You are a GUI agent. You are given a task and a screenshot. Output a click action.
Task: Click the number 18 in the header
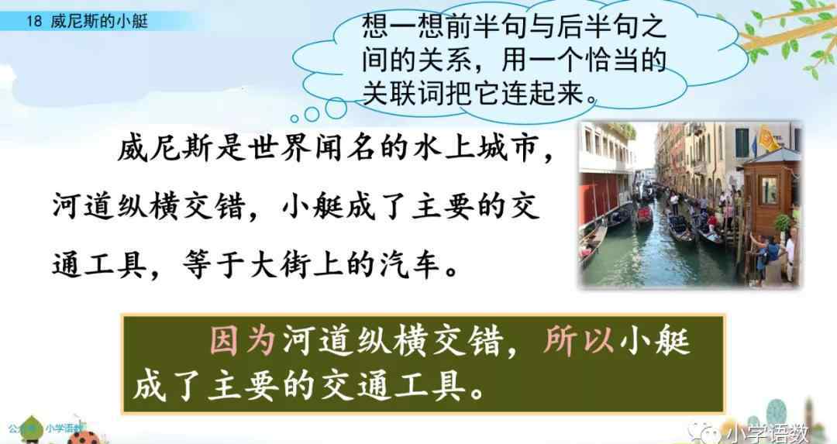[x=33, y=22]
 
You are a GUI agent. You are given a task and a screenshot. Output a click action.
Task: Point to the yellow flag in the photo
[x=770, y=139]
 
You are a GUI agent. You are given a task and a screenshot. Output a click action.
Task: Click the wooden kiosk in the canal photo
[x=770, y=193]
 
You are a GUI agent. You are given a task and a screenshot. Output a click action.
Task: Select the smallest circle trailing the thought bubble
[x=294, y=119]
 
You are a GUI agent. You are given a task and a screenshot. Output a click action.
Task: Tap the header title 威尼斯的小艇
[x=100, y=22]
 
